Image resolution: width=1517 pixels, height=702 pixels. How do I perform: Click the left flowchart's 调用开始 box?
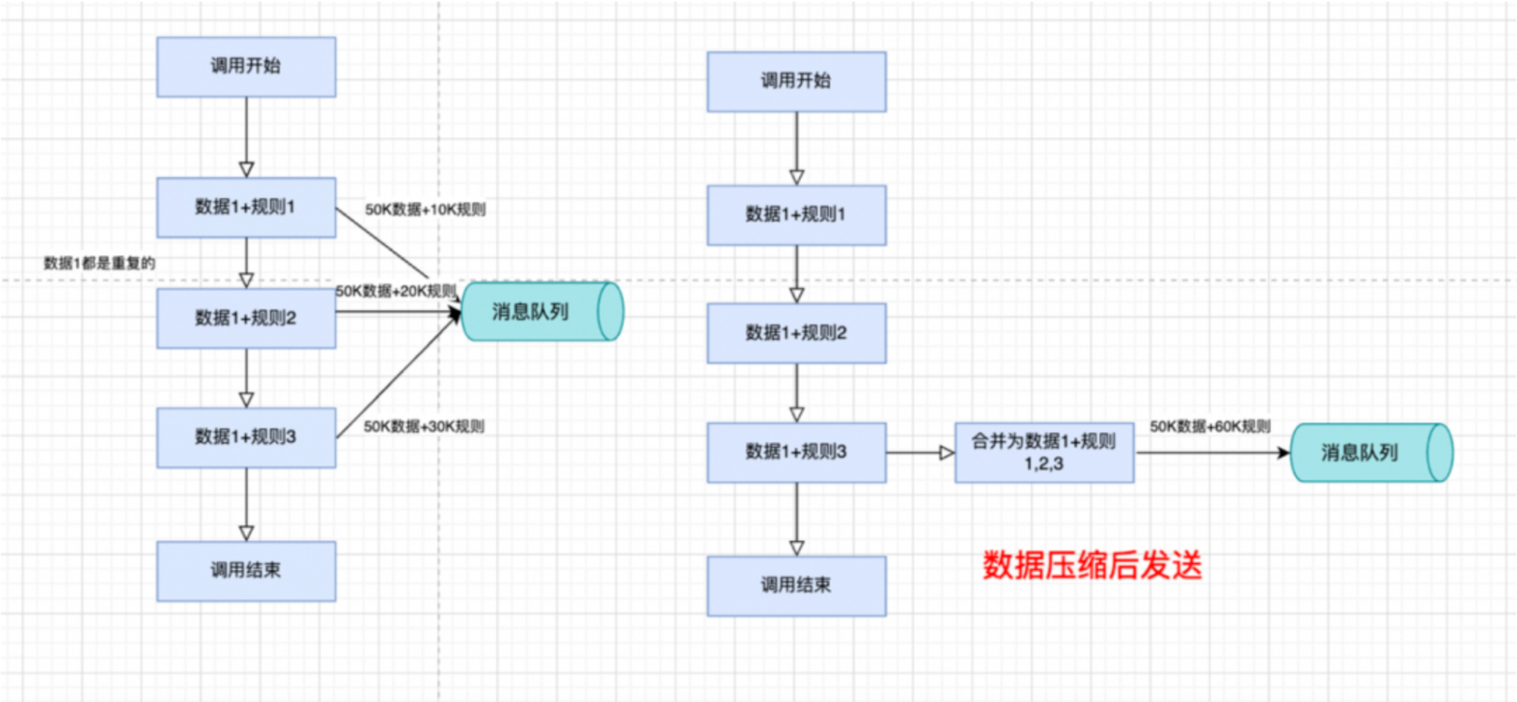click(247, 67)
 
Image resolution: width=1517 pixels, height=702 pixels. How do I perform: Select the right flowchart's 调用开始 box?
click(796, 82)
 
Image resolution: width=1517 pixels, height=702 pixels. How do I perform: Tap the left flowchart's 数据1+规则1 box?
click(247, 207)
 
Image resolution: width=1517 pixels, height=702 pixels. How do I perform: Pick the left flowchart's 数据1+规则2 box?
click(247, 318)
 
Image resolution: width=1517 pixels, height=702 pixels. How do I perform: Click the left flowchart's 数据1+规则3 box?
click(247, 437)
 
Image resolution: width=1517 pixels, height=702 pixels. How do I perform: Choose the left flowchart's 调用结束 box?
click(247, 571)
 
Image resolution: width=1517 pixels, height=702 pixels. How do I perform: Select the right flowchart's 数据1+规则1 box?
click(796, 215)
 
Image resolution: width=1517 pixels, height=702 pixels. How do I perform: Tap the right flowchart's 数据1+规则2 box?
click(796, 333)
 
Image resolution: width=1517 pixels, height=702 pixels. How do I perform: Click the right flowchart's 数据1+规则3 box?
click(796, 452)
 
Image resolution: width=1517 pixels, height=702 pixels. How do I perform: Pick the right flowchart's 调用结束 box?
click(796, 586)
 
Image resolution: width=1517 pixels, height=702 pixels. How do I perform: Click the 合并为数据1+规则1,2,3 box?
click(1044, 452)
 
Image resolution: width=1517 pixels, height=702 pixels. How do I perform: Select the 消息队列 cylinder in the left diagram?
click(542, 311)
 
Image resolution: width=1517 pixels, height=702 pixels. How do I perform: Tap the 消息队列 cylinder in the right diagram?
click(1372, 452)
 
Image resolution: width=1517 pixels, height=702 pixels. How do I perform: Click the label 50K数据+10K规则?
click(426, 209)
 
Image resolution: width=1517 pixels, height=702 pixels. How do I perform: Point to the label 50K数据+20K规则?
click(396, 291)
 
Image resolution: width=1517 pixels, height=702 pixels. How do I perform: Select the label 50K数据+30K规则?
click(424, 427)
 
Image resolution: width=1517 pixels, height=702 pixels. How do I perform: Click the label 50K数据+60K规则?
click(1210, 427)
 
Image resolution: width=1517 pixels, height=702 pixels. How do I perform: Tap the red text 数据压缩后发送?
click(1092, 565)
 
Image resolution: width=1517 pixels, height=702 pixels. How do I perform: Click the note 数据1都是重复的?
click(99, 263)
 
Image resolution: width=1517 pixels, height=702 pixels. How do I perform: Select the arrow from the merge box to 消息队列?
click(1213, 453)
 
